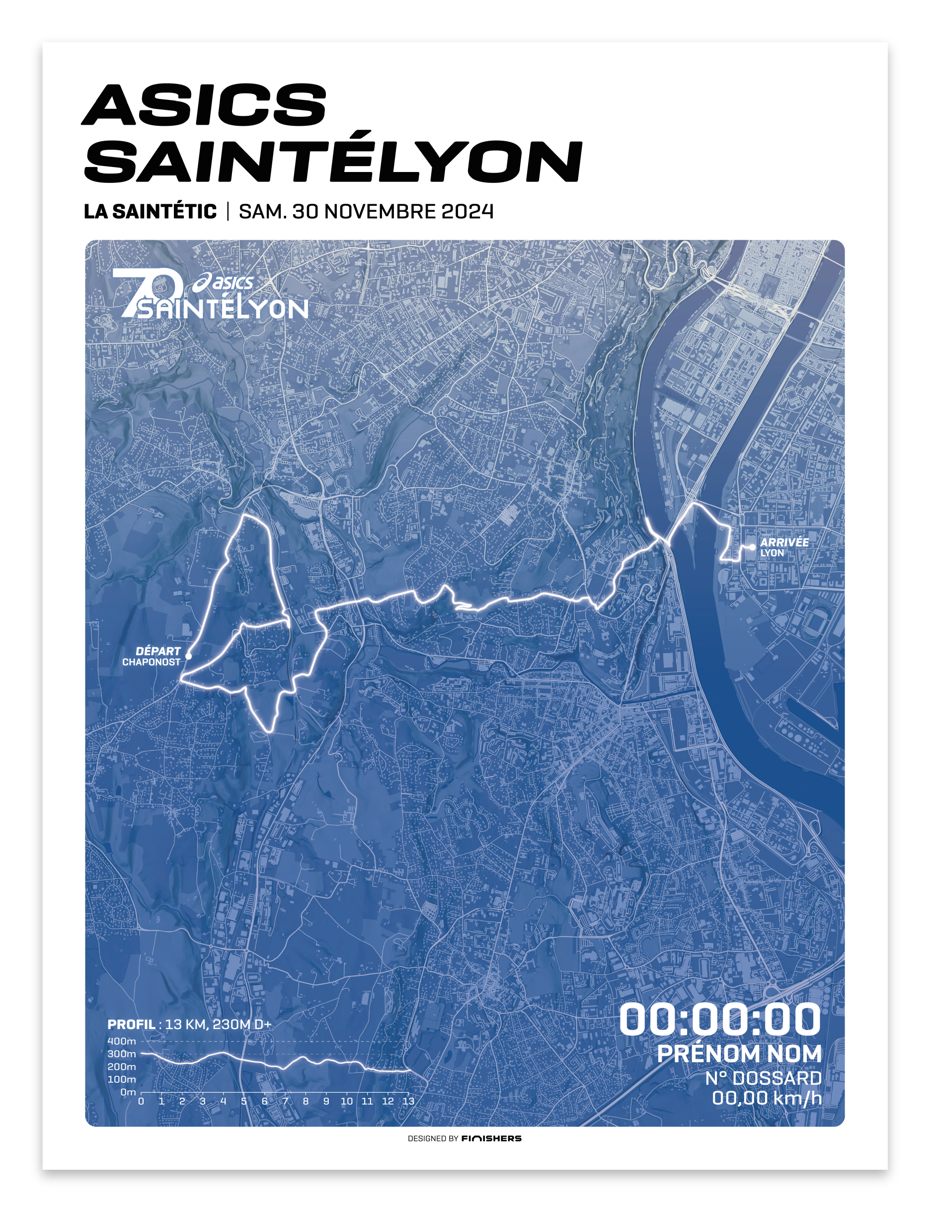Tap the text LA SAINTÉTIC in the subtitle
150,212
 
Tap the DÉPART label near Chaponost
158,651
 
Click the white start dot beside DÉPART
188,656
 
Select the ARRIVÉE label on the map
784,542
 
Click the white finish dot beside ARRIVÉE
752,547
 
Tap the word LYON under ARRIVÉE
772,553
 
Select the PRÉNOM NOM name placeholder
739,1053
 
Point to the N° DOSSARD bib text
763,1078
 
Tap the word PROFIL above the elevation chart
131,1024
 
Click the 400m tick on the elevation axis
122,1041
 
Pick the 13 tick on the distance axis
408,1101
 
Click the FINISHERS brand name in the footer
491,1138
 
